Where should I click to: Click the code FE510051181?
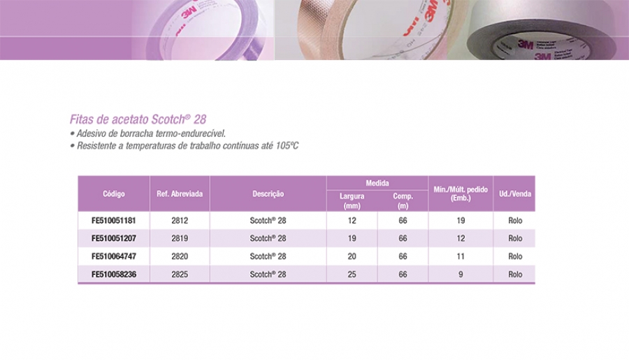(x=113, y=220)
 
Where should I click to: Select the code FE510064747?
(x=113, y=256)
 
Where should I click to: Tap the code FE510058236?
(x=113, y=274)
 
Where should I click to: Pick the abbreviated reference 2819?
(x=180, y=238)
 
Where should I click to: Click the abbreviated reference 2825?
(x=180, y=274)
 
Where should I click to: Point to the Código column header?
(x=113, y=194)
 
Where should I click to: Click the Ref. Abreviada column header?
(x=180, y=194)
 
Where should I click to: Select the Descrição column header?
(x=268, y=194)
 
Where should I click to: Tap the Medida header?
(x=377, y=183)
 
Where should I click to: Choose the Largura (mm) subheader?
(x=352, y=201)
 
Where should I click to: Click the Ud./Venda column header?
(x=515, y=194)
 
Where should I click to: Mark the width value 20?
(x=352, y=256)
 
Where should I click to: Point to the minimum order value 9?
(x=461, y=274)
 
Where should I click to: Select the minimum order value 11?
(x=461, y=256)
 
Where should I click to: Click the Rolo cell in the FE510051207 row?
(x=515, y=238)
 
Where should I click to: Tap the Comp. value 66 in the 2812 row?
(x=403, y=220)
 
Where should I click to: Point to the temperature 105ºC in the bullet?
(x=287, y=145)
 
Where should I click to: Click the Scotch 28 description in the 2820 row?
(x=268, y=256)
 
